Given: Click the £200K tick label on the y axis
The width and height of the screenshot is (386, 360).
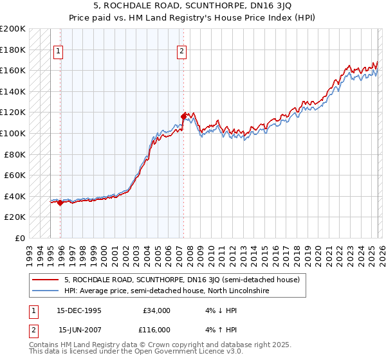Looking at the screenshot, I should [x=13, y=29].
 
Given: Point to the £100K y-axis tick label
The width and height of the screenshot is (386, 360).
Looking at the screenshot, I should [x=13, y=133].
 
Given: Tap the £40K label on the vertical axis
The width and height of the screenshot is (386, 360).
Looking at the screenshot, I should [x=15, y=196].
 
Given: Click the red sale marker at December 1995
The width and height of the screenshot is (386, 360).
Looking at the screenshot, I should [x=60, y=203].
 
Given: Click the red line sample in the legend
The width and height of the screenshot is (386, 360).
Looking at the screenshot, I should [x=45, y=280].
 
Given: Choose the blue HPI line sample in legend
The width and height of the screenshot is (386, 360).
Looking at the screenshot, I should [x=45, y=291].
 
